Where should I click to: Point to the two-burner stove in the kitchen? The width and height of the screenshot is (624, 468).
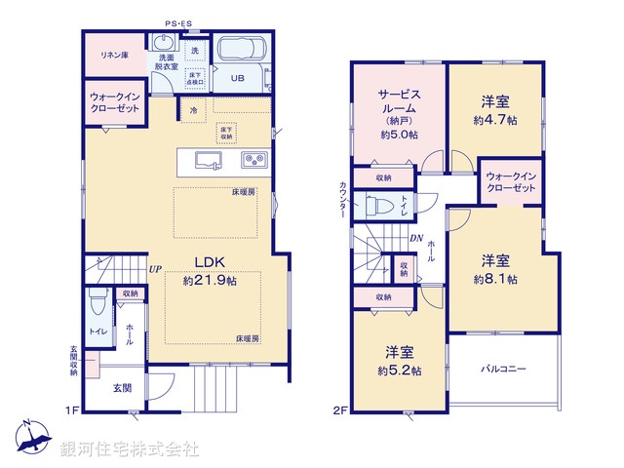coord(251,161)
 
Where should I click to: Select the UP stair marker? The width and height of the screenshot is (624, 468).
coord(155,269)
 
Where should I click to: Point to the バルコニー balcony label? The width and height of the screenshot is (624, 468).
coord(503,370)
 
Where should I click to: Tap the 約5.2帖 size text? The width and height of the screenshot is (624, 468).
coord(402,370)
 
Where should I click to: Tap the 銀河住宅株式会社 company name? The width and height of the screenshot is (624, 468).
coord(130,449)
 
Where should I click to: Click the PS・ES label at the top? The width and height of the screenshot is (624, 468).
coord(177,21)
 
